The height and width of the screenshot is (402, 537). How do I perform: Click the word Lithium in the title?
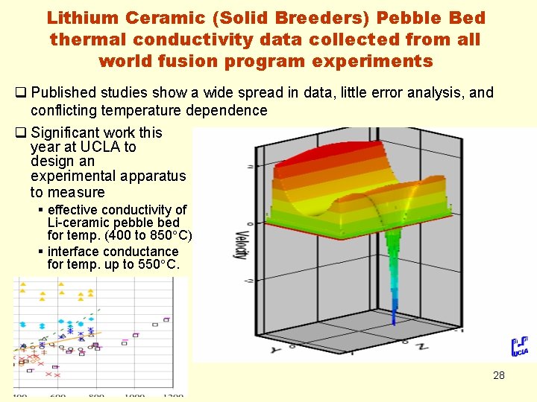(81, 17)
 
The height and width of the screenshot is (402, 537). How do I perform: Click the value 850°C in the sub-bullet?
(171, 235)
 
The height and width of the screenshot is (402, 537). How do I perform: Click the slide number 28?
(498, 375)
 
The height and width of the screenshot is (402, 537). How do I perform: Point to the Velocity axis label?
(241, 242)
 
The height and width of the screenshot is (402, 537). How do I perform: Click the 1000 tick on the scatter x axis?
(134, 396)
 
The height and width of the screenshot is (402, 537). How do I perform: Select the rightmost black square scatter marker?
(166, 319)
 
